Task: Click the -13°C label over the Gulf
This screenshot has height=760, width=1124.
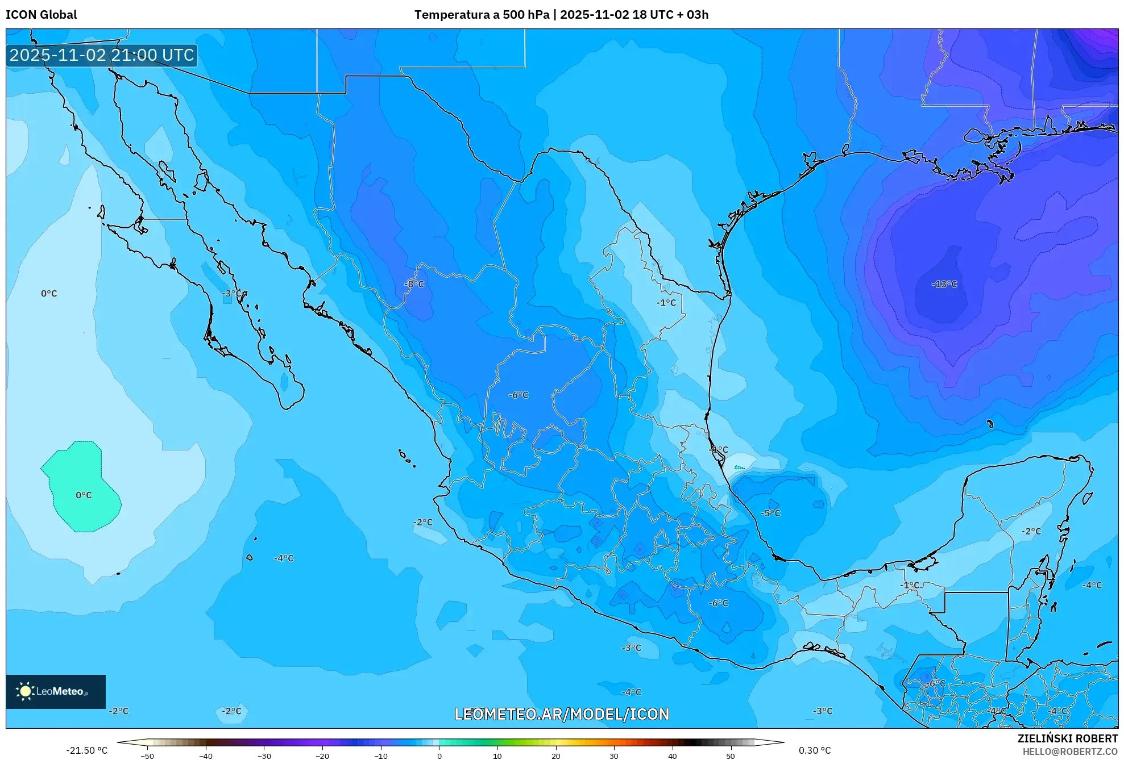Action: [x=944, y=284]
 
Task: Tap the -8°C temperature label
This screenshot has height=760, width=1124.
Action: [x=414, y=284]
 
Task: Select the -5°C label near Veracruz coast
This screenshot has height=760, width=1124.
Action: [x=770, y=513]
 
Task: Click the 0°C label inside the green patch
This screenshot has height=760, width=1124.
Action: [x=84, y=495]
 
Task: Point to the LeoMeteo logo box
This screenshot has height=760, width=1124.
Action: [x=56, y=691]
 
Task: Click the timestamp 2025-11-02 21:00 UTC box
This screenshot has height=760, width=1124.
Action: [x=102, y=55]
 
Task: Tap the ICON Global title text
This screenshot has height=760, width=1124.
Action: [x=41, y=15]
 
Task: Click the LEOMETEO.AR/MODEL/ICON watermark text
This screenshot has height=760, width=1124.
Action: [x=562, y=714]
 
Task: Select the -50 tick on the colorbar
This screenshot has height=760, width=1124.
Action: [x=147, y=756]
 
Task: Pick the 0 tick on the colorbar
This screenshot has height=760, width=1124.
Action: [x=439, y=756]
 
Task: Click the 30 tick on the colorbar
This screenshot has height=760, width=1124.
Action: [x=614, y=756]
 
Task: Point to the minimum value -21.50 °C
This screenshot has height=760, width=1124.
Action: [x=86, y=750]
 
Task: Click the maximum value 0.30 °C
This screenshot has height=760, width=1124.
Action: [x=814, y=750]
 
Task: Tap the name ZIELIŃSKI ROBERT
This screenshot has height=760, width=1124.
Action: [x=1067, y=738]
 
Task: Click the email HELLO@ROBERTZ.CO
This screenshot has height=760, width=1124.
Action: [x=1070, y=751]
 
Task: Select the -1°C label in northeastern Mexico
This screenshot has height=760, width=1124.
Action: [x=666, y=303]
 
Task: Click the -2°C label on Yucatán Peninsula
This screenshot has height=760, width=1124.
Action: [x=1031, y=531]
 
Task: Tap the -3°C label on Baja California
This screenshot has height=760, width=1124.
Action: [x=231, y=293]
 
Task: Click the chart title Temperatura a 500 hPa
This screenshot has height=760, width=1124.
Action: [x=482, y=15]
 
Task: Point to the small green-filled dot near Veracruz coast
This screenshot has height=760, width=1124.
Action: [x=739, y=468]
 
